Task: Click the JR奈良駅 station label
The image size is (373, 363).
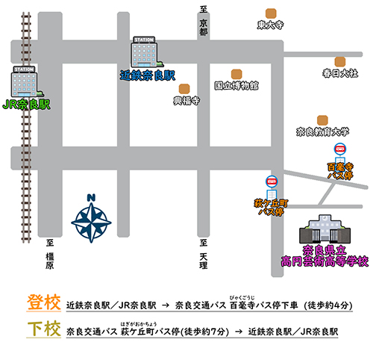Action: click(x=26, y=105)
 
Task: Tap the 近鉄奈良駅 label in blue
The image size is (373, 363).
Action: click(x=148, y=75)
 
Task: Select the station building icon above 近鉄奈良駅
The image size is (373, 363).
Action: click(x=146, y=52)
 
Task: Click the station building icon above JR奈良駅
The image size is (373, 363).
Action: click(x=26, y=81)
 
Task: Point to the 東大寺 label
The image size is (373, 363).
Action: click(x=270, y=25)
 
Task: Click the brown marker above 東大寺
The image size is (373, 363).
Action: click(x=271, y=13)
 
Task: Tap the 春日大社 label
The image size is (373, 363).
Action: click(x=340, y=73)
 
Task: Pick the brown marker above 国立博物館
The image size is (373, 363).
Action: click(x=236, y=75)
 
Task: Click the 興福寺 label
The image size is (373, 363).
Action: click(x=186, y=101)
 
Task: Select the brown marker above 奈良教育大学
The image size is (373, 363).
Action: click(x=322, y=120)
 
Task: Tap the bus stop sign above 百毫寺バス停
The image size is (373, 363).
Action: click(x=340, y=153)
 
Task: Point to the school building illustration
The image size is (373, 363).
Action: click(x=325, y=229)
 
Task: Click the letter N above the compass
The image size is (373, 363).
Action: click(x=91, y=198)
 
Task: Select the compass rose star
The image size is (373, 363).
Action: click(x=91, y=223)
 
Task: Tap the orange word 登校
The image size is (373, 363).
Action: click(x=44, y=302)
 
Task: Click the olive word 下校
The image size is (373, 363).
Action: click(x=44, y=329)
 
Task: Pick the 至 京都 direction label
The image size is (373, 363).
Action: click(x=204, y=21)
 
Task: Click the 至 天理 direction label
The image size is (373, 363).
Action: click(x=204, y=254)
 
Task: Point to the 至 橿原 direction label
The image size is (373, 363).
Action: click(x=50, y=254)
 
